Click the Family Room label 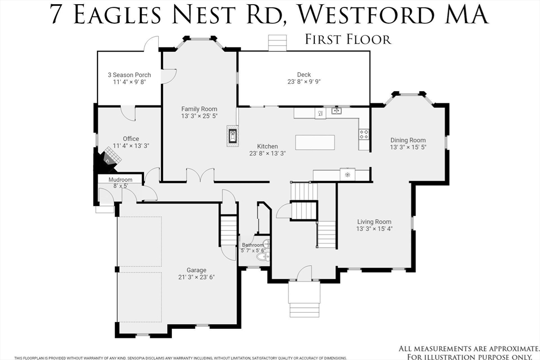coord(199,109)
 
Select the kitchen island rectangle coord(315,142)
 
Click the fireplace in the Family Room coord(232,135)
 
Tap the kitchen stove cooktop coord(364,134)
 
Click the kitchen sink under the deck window coord(336,111)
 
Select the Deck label coord(304,74)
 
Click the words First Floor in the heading coord(348,39)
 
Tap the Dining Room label coord(408,140)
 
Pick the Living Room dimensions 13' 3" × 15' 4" coord(374,229)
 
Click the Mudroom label coord(120,179)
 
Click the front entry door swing coord(304,273)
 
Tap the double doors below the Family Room coord(200,176)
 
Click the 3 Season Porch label coord(129,75)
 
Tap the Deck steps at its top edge coord(276,43)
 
